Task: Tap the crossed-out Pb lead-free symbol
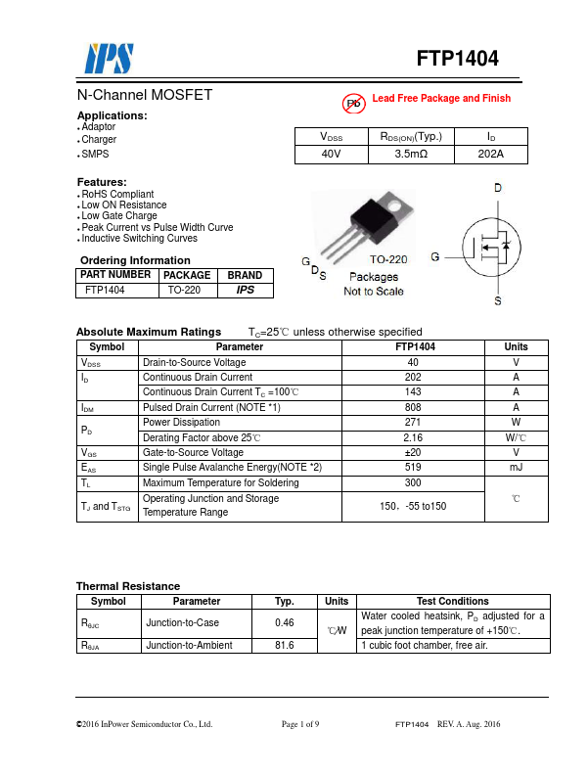pos(352,102)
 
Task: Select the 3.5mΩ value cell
pos(411,155)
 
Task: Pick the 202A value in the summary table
pos(490,155)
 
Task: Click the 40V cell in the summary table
pos(332,155)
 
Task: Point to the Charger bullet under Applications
pos(99,140)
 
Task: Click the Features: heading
pos(102,182)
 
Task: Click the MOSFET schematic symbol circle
pos(494,257)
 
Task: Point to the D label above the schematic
pos(497,188)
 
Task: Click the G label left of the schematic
pos(433,256)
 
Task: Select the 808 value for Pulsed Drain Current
pos(413,407)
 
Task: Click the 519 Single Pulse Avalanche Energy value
pos(413,468)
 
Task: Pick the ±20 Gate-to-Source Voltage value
pos(413,453)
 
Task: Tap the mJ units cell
pos(516,468)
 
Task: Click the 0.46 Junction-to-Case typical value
pos(285,622)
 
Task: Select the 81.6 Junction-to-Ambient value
pos(285,646)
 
